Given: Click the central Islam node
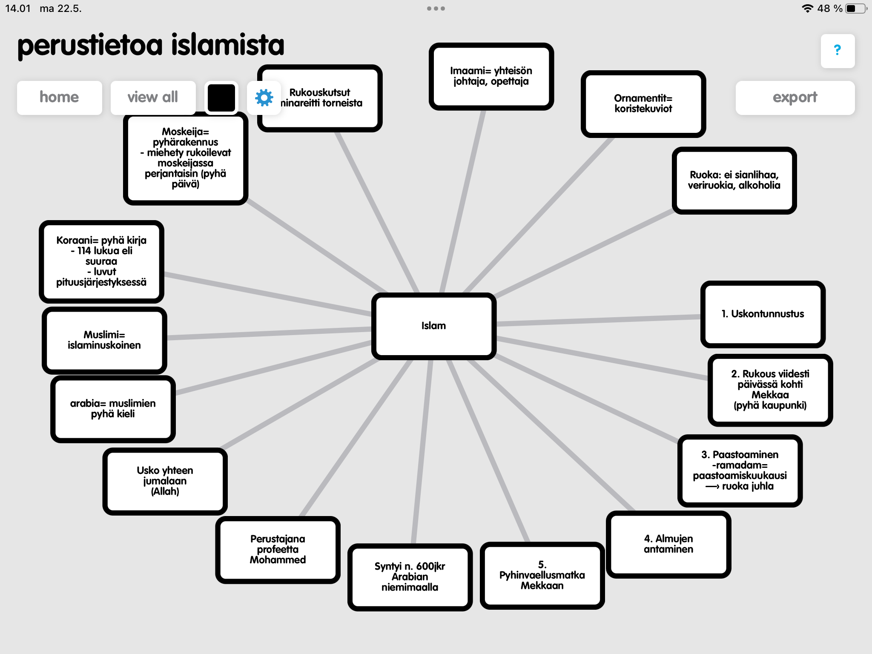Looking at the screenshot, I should tap(433, 326).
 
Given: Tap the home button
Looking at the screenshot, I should tap(59, 98).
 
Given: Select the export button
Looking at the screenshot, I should tap(795, 98).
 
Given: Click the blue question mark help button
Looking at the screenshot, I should tap(837, 51).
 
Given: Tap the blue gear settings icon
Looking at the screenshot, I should tap(264, 98).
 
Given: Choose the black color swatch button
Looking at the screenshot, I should tap(221, 98).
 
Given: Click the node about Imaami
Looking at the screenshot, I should tap(491, 76).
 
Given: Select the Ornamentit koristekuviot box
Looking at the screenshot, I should tap(643, 103).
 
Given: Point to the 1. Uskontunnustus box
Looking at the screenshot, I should tap(762, 314).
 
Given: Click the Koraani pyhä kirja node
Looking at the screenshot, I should tap(101, 261).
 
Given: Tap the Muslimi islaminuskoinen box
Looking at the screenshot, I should tap(104, 340).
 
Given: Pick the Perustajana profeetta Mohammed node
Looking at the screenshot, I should tap(278, 549).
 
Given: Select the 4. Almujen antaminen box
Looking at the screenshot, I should tap(668, 544).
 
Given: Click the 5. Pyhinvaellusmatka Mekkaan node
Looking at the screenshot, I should tap(542, 575).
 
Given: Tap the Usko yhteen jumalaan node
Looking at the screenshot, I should tap(165, 481).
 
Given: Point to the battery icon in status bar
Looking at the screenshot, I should tap(855, 9).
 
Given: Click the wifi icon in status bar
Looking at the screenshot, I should tap(807, 9).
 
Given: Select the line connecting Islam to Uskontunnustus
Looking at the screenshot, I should tap(596, 320).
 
